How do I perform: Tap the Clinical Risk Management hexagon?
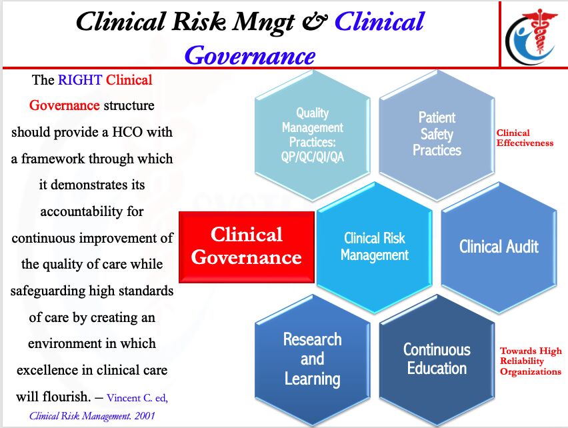click(x=374, y=247)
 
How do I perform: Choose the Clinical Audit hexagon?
click(x=499, y=247)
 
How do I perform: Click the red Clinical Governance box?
click(x=247, y=246)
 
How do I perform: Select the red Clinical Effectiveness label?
click(x=525, y=138)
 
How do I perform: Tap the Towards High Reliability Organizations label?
click(x=531, y=361)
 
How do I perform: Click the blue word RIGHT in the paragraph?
click(x=80, y=81)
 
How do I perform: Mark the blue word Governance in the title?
click(x=249, y=54)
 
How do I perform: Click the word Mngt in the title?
click(x=257, y=21)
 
